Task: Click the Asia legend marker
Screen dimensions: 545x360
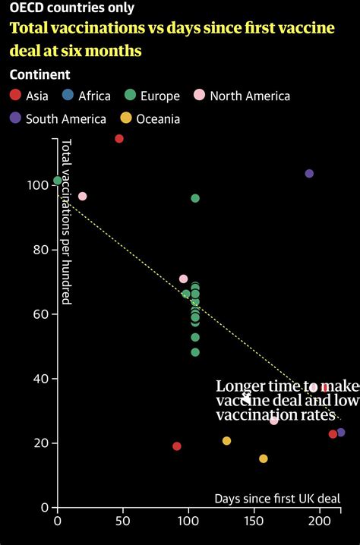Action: click(15, 96)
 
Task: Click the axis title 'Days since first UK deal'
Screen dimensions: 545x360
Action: click(276, 499)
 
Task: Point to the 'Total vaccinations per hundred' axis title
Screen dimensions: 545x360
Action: click(66, 222)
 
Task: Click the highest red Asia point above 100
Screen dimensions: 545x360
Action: click(119, 138)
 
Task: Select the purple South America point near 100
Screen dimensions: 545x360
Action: click(309, 174)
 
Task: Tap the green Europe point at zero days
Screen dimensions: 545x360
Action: click(58, 181)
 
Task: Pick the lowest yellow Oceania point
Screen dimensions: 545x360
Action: click(264, 458)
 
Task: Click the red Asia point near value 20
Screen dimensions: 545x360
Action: click(177, 446)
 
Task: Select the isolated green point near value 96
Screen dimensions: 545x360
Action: click(195, 198)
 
